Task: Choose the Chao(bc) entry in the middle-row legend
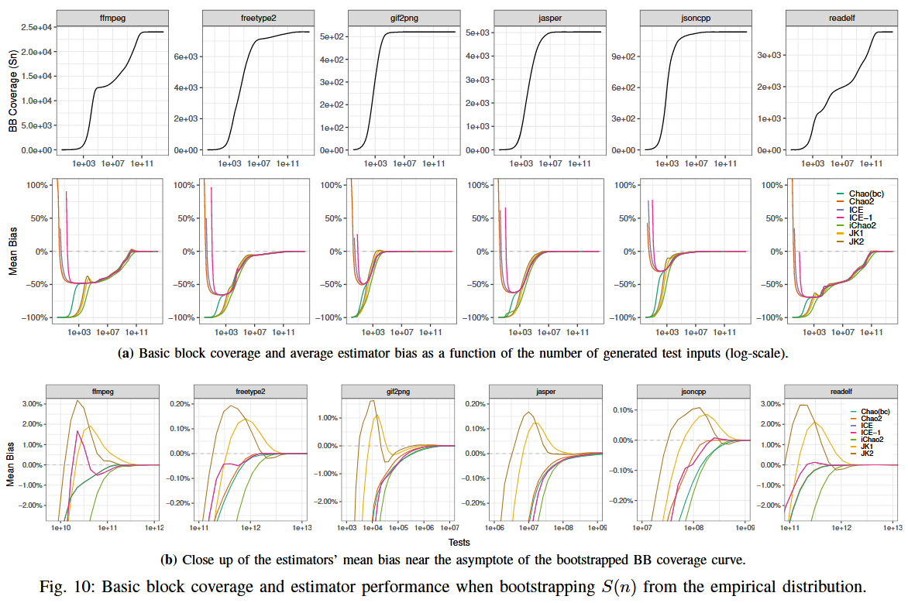coord(866,194)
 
